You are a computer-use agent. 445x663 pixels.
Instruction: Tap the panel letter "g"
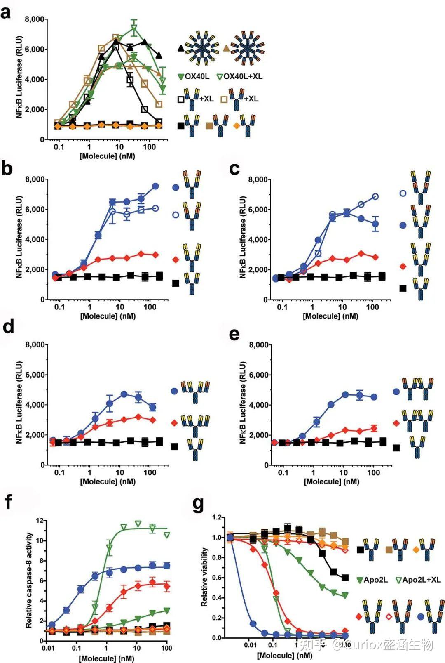[x=198, y=504]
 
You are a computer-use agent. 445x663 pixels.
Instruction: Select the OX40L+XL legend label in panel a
[x=243, y=76]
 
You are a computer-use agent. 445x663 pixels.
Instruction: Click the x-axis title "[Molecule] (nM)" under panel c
[x=330, y=316]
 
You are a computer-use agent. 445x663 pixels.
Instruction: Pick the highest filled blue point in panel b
[x=155, y=186]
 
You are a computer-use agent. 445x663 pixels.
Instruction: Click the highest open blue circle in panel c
[x=375, y=197]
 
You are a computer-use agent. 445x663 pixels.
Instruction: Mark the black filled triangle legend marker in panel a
[x=181, y=48]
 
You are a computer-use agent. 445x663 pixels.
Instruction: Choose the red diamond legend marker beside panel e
[x=396, y=423]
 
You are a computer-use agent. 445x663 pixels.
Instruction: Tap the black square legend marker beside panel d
[x=174, y=446]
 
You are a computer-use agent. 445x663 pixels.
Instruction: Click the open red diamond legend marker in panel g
[x=389, y=617]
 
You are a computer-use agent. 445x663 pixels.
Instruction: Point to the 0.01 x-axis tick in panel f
[x=48, y=648]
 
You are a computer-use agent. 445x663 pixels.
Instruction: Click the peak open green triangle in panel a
[x=134, y=29]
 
